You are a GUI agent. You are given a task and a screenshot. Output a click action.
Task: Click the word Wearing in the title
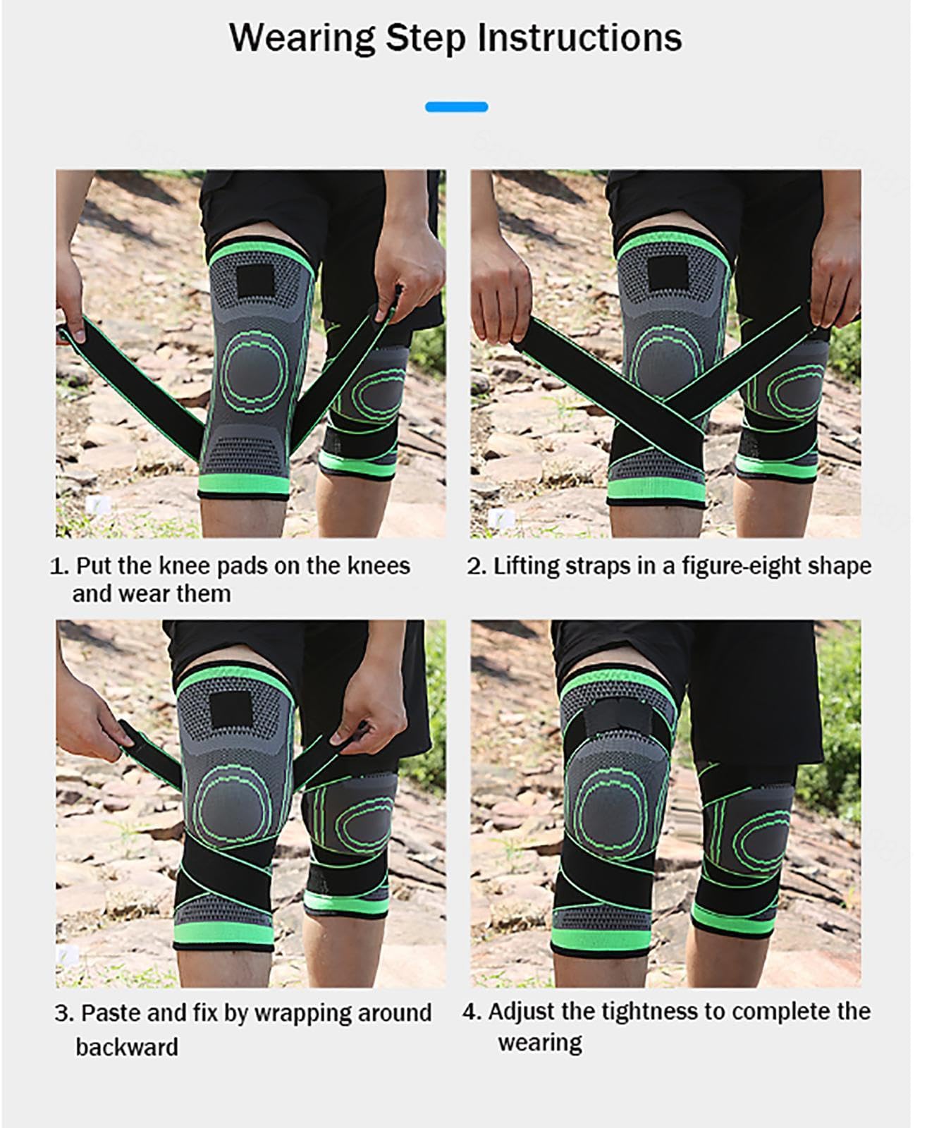click(302, 39)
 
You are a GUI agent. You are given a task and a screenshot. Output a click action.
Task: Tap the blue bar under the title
click(456, 107)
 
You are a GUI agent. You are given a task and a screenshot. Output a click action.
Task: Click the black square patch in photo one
click(255, 281)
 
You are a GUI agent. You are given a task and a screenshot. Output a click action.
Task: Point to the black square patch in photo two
click(668, 274)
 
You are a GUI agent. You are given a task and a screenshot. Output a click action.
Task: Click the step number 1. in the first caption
click(59, 566)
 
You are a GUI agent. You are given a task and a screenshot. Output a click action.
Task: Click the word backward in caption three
click(127, 1047)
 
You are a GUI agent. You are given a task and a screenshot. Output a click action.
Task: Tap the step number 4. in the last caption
click(472, 1012)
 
